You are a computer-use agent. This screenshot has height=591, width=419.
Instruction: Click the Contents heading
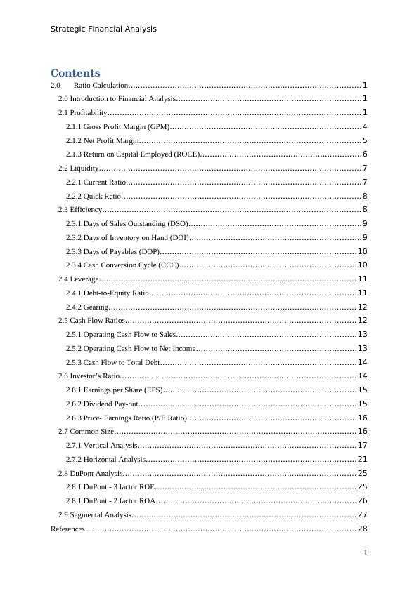coord(75,73)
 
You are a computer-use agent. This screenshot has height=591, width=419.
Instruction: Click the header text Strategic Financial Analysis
coord(103,29)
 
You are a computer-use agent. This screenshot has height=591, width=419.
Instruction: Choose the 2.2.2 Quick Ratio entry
coord(94,196)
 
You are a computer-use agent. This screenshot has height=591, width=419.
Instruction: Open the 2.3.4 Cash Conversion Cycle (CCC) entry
coord(122,265)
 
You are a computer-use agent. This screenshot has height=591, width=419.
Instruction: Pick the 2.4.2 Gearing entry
coord(87,307)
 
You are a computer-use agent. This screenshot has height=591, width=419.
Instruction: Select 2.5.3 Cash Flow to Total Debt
coord(112,362)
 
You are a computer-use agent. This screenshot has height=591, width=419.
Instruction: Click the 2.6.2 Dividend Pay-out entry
coord(102,404)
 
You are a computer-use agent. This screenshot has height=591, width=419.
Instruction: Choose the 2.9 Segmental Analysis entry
coord(95,514)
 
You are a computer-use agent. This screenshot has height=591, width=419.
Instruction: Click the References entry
coord(67,529)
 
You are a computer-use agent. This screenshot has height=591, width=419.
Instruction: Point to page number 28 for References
coord(362,529)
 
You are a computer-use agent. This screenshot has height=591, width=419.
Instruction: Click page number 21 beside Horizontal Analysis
coord(362,459)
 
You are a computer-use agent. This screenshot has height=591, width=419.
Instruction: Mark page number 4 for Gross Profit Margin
coord(365,127)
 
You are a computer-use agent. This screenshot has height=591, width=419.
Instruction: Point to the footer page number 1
coord(366,553)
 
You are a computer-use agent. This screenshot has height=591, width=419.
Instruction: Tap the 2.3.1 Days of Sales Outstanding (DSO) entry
coord(127,223)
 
